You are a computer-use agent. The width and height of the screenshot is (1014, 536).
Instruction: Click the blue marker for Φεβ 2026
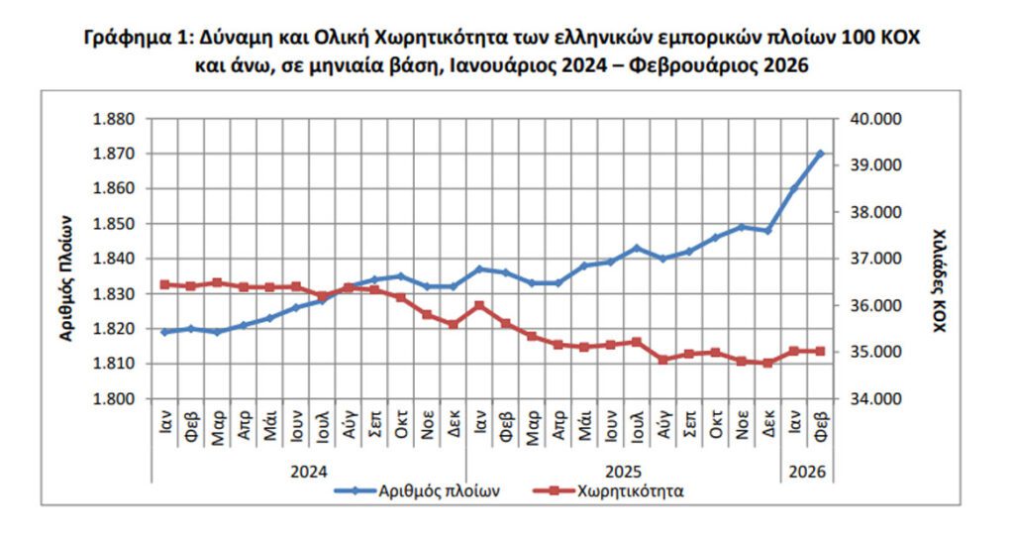tap(821, 154)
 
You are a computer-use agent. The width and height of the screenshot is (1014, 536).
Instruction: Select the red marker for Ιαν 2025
tap(479, 305)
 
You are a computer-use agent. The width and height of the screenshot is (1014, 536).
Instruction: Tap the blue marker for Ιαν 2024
tap(164, 332)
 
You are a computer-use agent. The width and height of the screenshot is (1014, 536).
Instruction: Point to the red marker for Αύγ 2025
tap(663, 360)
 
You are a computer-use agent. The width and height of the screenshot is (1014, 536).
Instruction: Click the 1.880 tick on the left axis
tap(112, 119)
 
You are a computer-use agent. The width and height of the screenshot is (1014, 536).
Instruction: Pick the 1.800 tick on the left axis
tap(112, 399)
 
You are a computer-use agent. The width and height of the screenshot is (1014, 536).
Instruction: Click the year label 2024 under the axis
tap(308, 471)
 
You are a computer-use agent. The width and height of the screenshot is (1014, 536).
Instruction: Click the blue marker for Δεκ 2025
tap(768, 230)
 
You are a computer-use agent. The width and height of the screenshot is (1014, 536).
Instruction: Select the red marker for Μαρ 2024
tap(217, 282)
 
